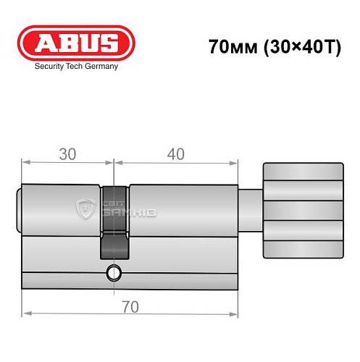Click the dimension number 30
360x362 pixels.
67,153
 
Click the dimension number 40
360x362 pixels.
175,153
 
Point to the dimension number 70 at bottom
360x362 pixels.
130,306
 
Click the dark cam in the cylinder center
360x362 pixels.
114,221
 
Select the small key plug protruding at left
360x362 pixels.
20,210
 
